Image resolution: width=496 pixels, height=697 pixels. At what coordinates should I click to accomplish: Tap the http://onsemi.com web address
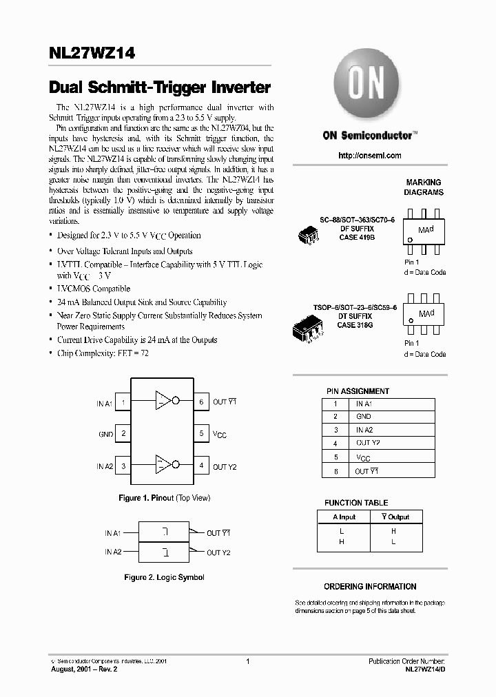point(369,156)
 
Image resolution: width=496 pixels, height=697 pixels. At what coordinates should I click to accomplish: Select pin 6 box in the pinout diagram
point(201,402)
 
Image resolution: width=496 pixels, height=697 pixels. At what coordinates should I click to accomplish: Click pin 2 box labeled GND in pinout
point(123,434)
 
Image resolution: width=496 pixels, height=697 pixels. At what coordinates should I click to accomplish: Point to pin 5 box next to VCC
point(201,434)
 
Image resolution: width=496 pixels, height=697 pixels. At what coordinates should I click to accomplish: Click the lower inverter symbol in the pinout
point(165,466)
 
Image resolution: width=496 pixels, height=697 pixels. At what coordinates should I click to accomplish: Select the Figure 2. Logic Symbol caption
point(164,577)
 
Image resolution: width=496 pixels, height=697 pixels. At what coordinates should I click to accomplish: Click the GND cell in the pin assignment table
point(364,417)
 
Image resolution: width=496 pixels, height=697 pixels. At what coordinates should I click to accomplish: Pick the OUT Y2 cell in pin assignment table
point(368,444)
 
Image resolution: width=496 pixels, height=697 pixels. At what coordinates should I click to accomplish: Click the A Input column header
point(344,517)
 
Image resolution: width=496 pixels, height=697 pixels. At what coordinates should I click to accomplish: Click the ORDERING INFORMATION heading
point(370,587)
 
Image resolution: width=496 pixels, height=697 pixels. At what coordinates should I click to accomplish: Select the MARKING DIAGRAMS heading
point(424,187)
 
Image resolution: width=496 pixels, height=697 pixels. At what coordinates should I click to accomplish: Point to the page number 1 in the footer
point(247,661)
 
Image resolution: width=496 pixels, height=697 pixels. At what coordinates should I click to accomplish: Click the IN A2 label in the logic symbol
point(113,552)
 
